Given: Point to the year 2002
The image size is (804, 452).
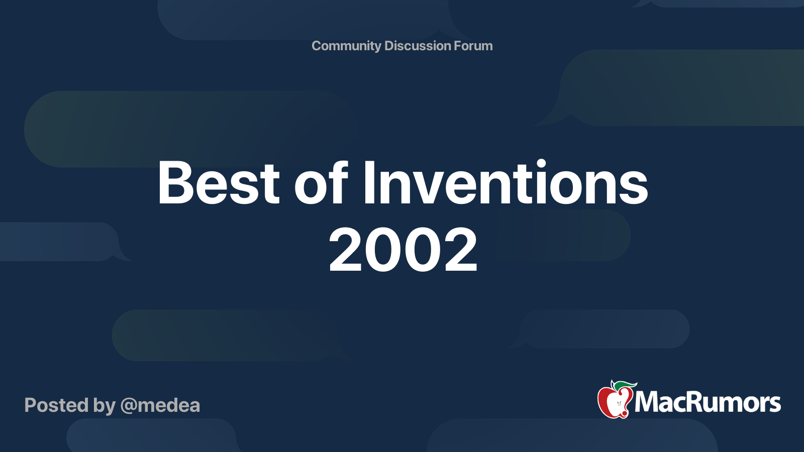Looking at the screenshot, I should click(x=403, y=250).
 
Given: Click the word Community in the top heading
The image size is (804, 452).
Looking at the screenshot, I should click(x=346, y=46).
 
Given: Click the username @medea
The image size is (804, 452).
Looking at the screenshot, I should click(x=160, y=405).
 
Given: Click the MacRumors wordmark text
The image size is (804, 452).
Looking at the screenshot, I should click(x=708, y=403).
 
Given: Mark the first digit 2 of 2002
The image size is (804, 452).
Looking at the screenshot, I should click(x=347, y=250).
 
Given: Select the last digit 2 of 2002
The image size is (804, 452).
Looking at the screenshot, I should click(x=460, y=250).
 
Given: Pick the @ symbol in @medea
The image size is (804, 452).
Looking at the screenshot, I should click(x=129, y=406).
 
